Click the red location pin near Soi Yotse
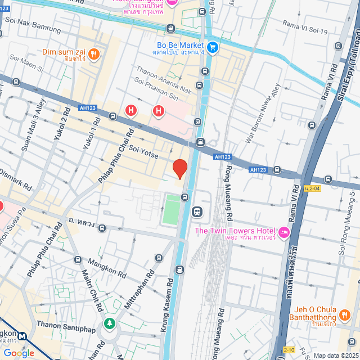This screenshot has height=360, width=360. pos(179,168)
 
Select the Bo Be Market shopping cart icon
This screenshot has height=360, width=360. pos(212,47)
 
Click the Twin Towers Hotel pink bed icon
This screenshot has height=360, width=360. pos(283,232)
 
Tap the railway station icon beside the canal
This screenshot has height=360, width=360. pos(197,212)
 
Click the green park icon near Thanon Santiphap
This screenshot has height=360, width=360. pos(109,324)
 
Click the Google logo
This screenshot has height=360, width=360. pos(19,353)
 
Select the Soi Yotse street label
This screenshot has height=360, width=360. pos(142,151)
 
